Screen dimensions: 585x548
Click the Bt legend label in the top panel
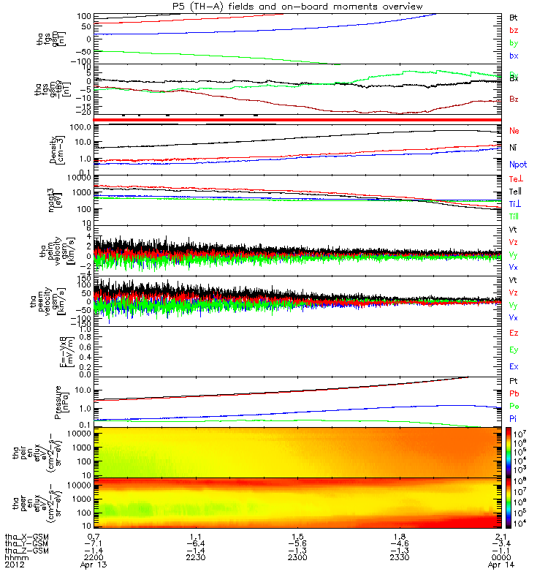click(x=514, y=16)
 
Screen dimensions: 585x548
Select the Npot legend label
click(x=517, y=166)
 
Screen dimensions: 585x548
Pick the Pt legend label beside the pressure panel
click(x=514, y=382)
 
